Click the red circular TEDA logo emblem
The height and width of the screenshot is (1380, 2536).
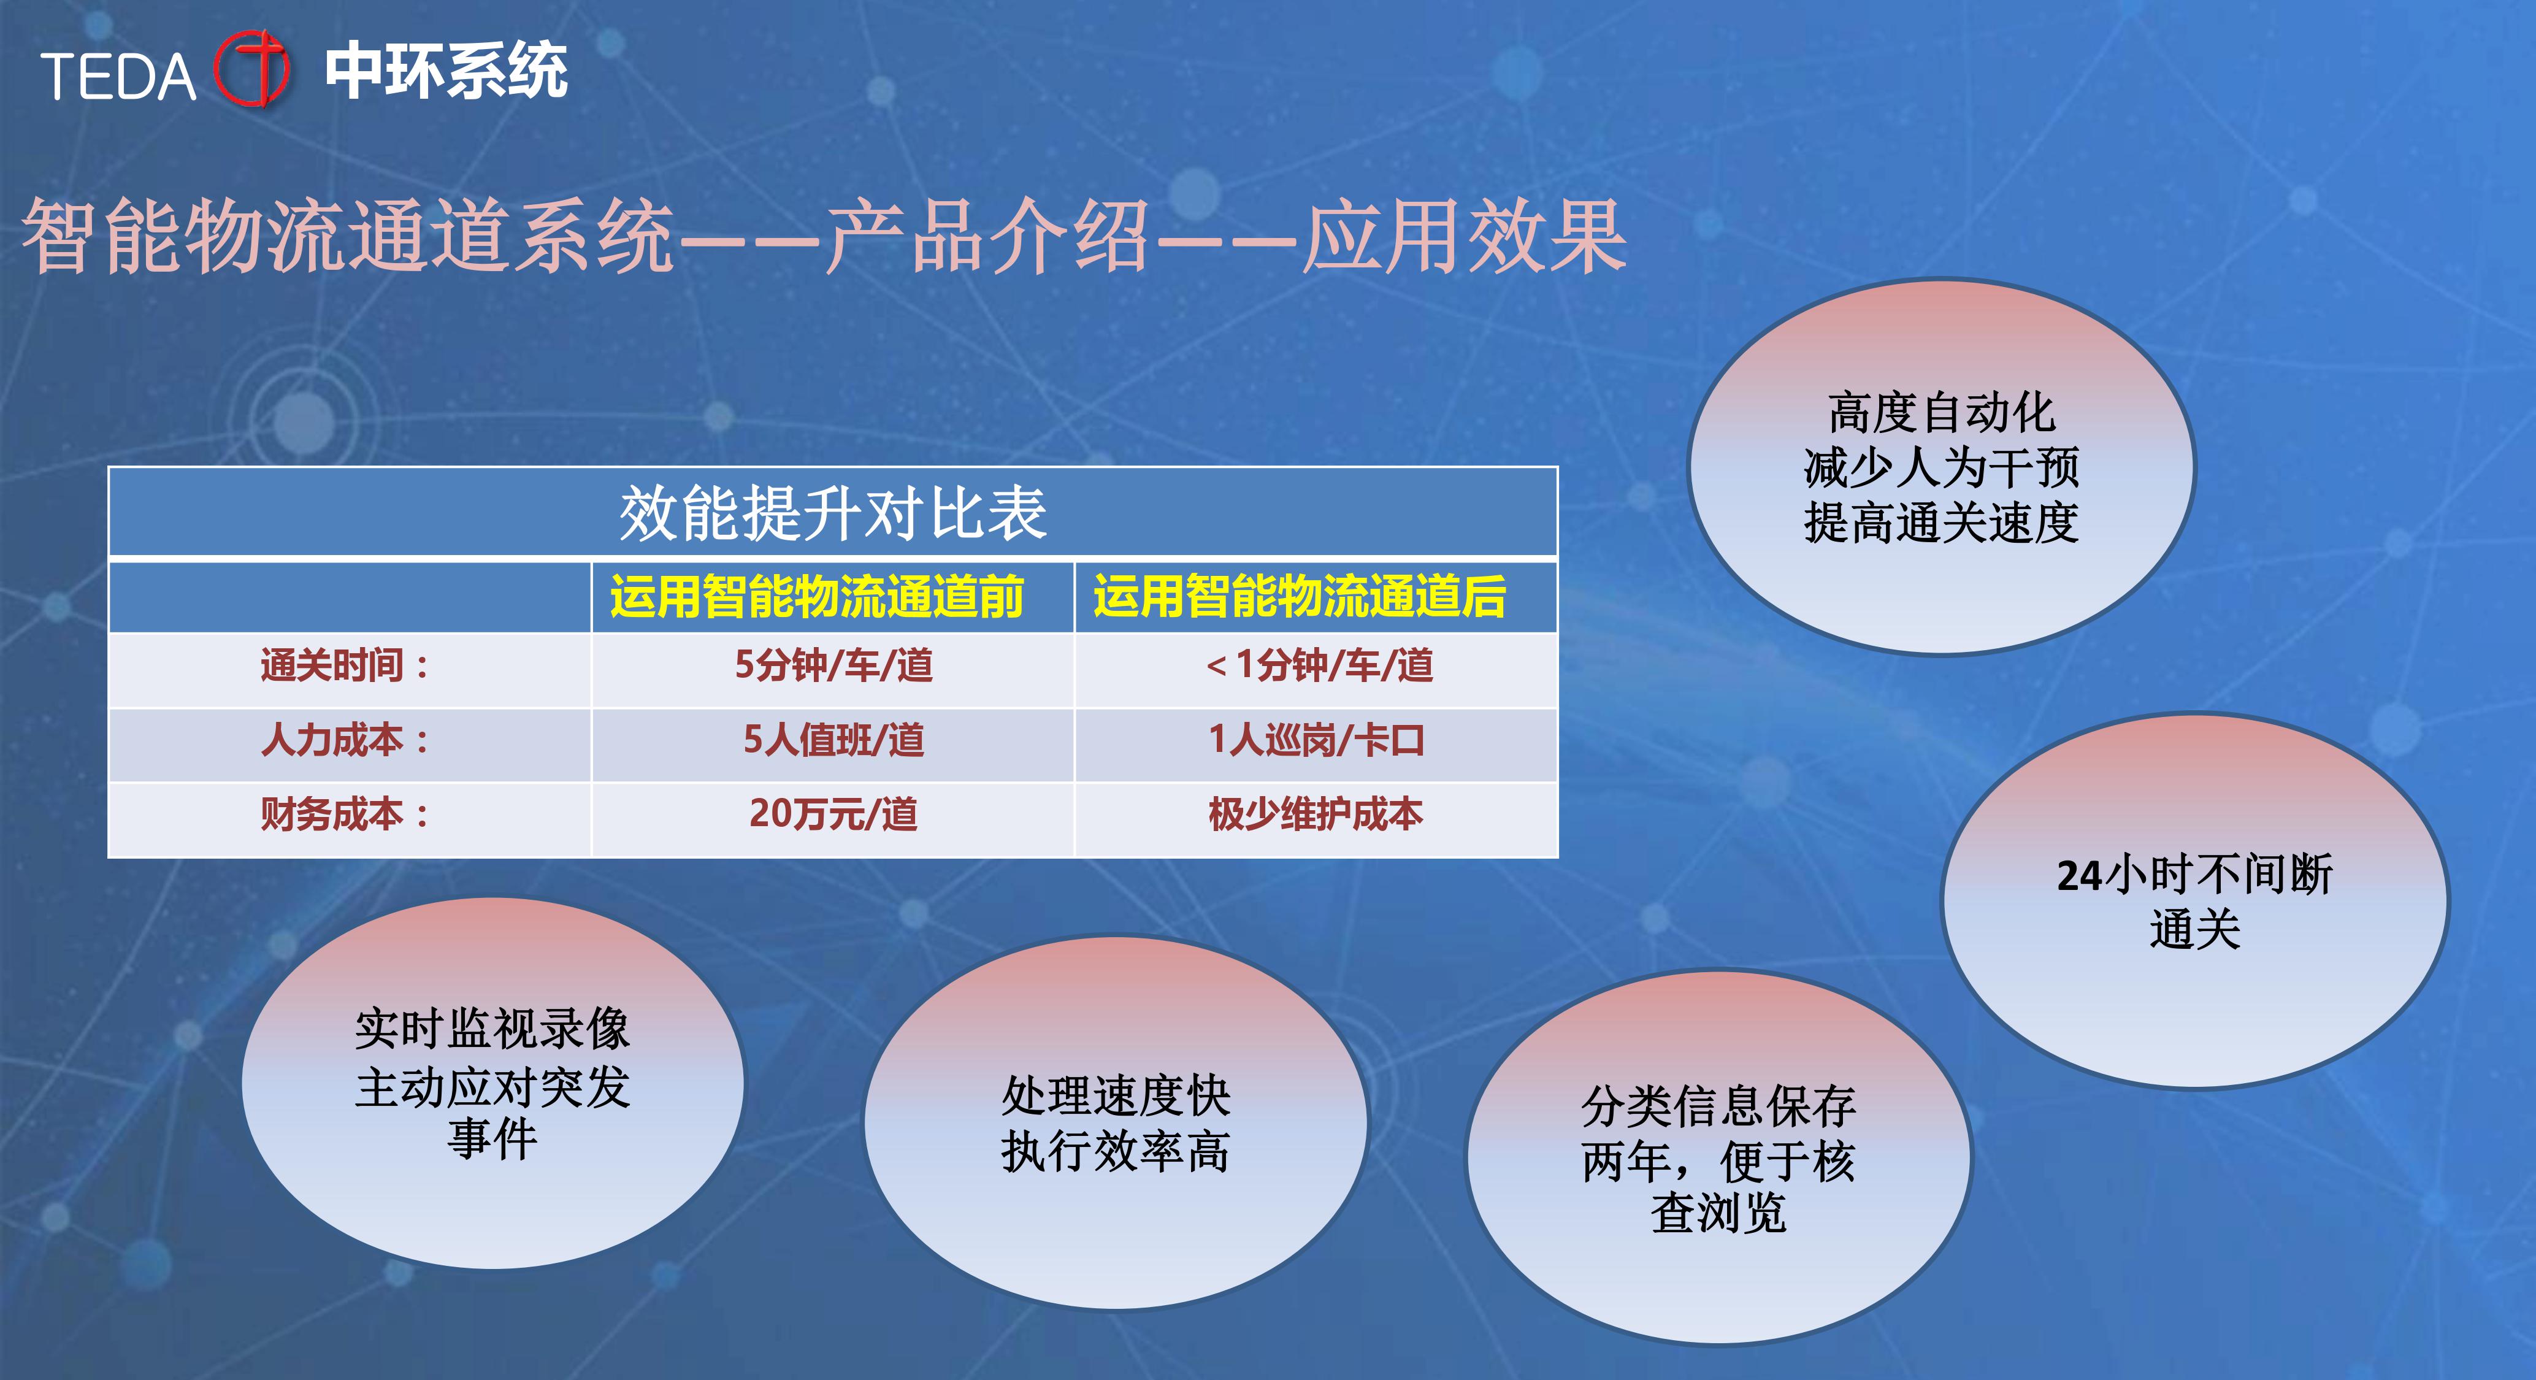[252, 69]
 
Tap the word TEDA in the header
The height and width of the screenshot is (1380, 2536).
[118, 76]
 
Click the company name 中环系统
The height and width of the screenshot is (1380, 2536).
[446, 71]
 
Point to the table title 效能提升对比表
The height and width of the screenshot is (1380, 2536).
[833, 513]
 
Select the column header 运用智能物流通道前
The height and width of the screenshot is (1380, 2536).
[817, 597]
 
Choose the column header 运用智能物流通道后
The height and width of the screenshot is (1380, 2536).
[1300, 597]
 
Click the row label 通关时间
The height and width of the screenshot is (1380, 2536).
[345, 665]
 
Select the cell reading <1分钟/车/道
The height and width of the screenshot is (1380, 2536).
[1319, 665]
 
